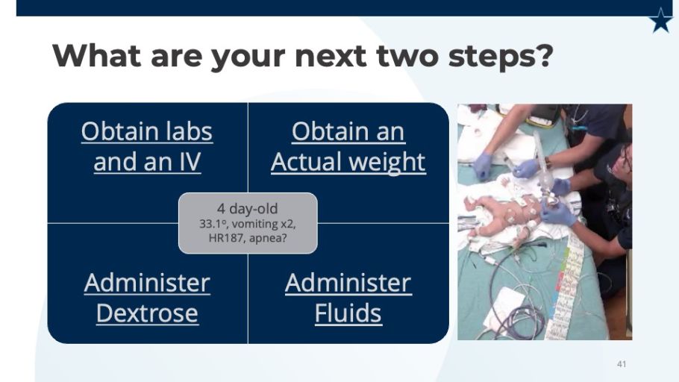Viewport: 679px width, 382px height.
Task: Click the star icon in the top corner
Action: click(661, 21)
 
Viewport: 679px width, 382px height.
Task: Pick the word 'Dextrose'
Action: click(147, 313)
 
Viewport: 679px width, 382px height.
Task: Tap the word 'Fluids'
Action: click(348, 313)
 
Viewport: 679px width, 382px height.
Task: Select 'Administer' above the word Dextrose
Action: click(147, 283)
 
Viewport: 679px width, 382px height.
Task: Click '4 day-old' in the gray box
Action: click(247, 209)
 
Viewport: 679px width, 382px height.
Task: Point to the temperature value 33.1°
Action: click(213, 224)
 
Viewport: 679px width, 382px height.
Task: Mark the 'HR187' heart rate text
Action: click(222, 238)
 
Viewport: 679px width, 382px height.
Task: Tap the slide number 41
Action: click(622, 364)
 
